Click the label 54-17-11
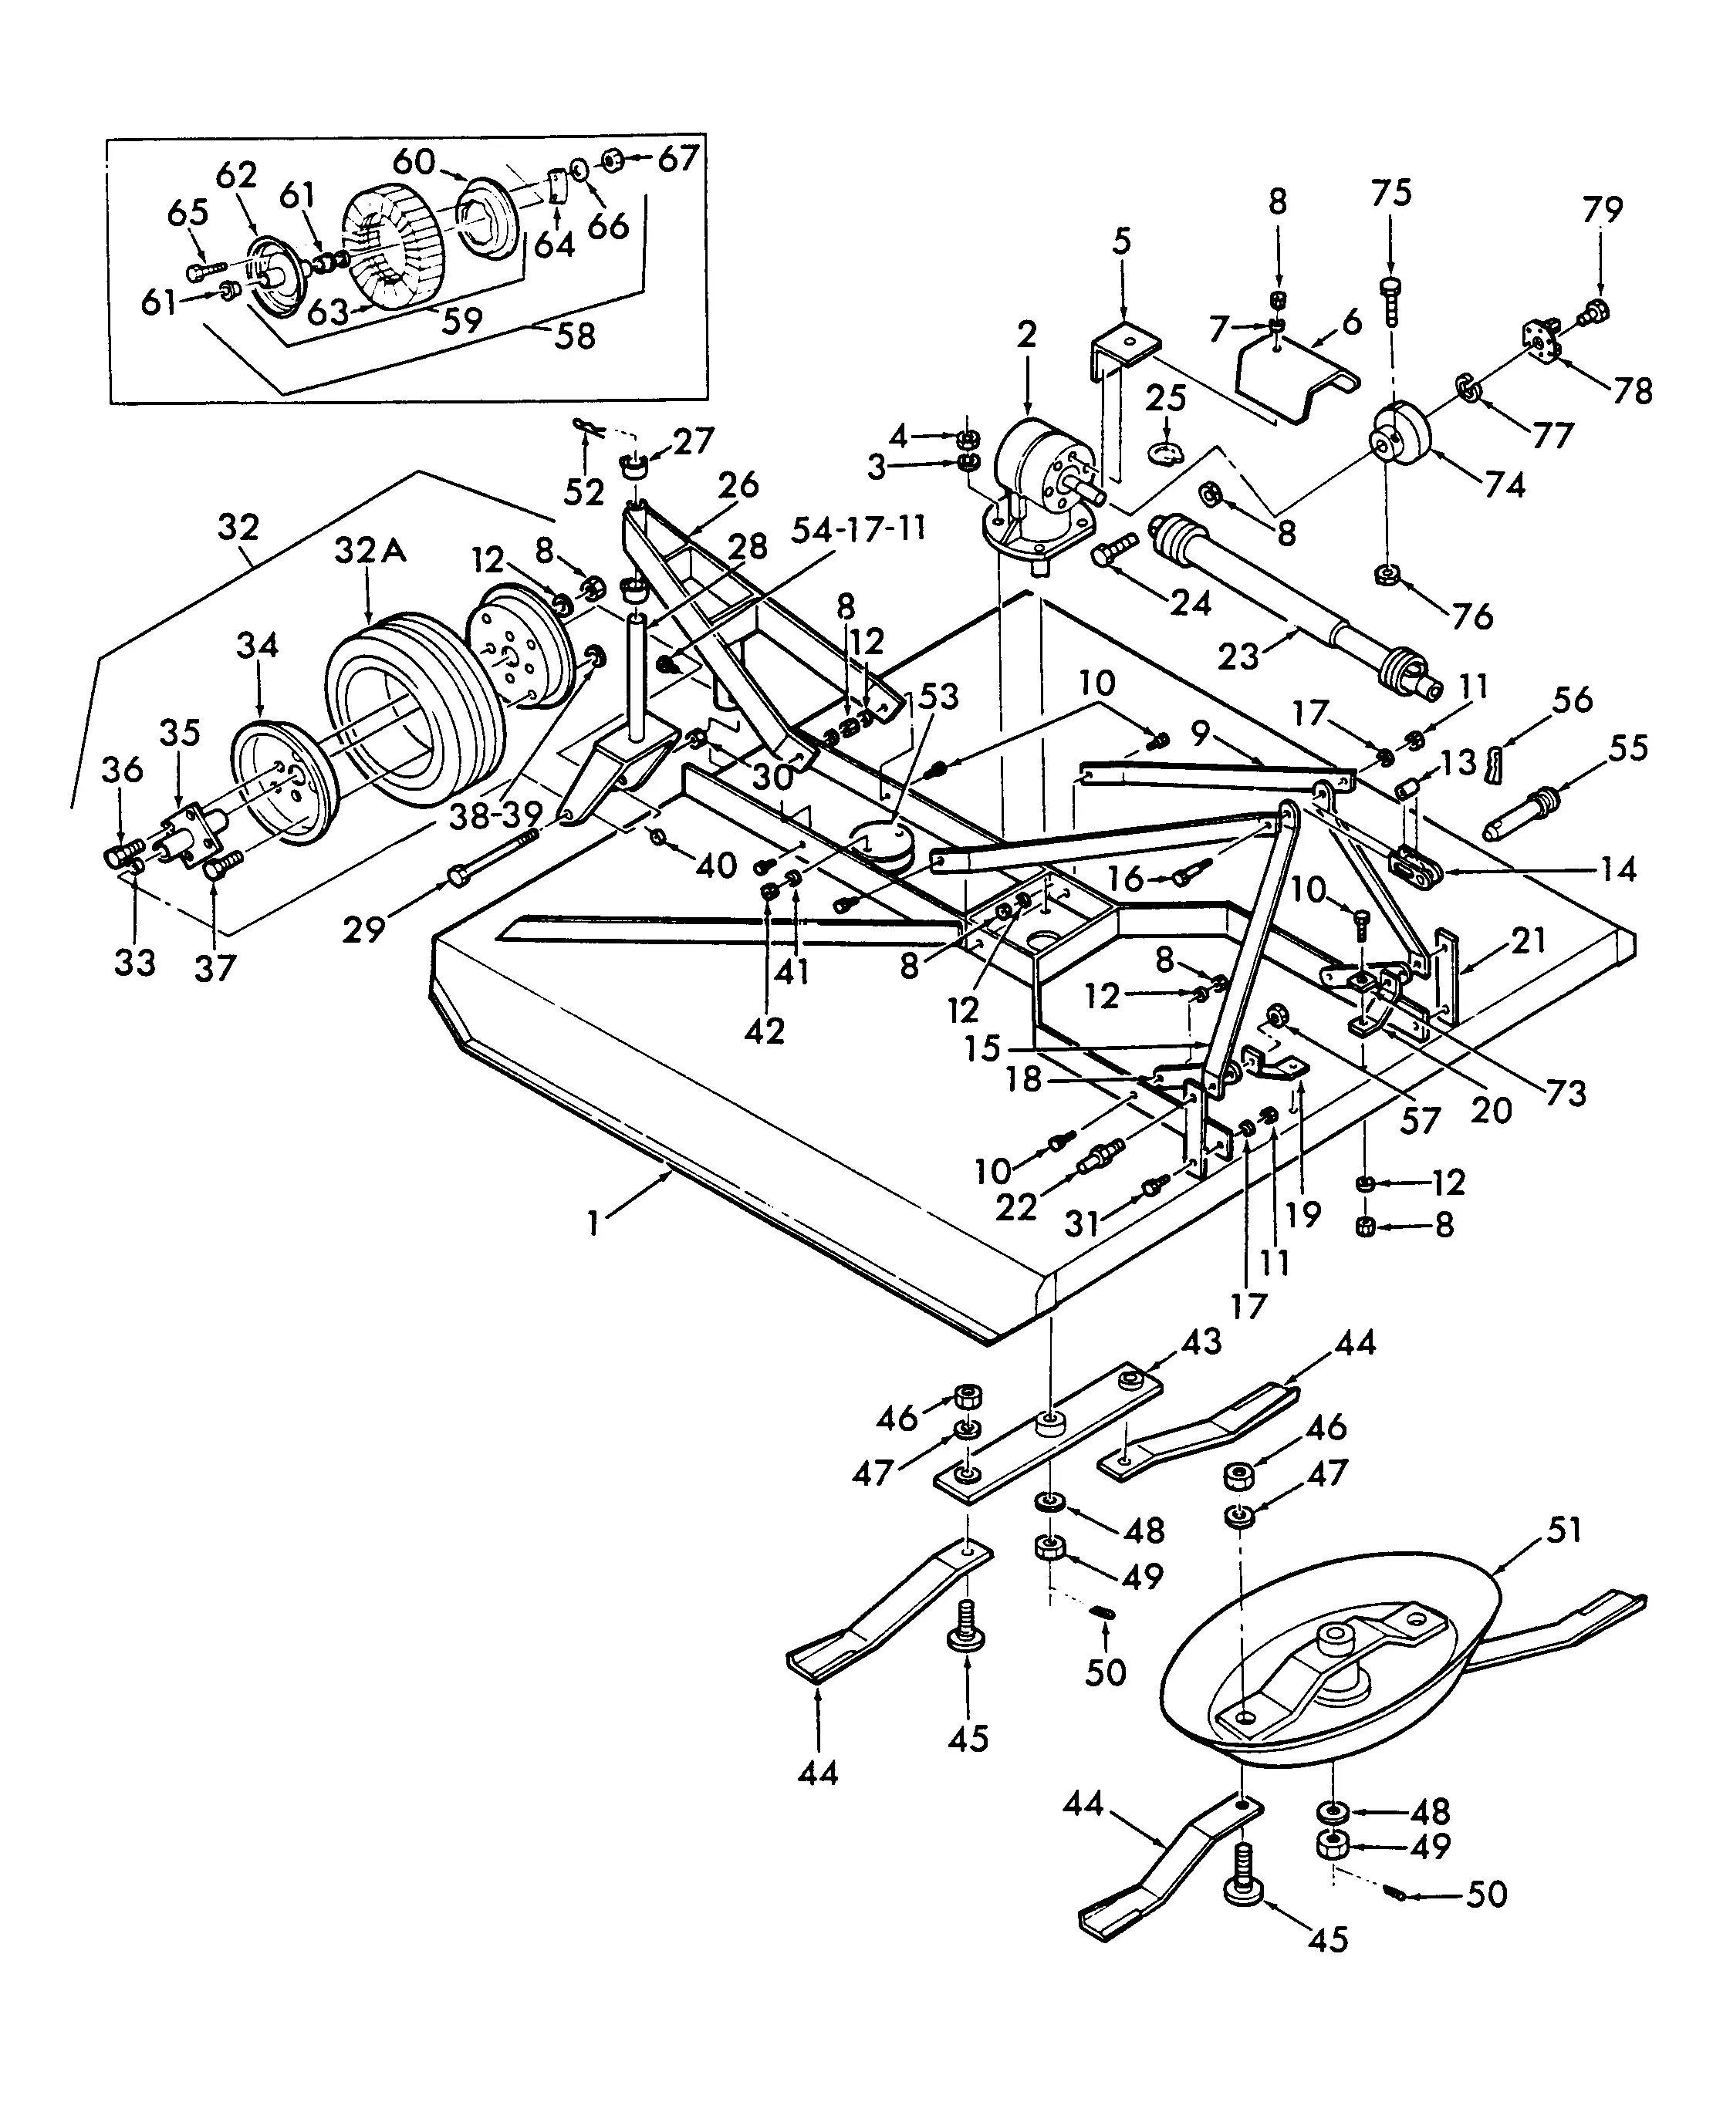pyautogui.click(x=859, y=530)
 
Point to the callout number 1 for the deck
pyautogui.click(x=593, y=1224)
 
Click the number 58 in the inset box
pyautogui.click(x=576, y=336)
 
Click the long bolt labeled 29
pyautogui.click(x=493, y=856)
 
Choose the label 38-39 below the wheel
pyautogui.click(x=495, y=815)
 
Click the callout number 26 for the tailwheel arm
pyautogui.click(x=738, y=485)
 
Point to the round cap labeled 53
pyautogui.click(x=881, y=846)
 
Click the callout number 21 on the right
pyautogui.click(x=1529, y=941)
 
